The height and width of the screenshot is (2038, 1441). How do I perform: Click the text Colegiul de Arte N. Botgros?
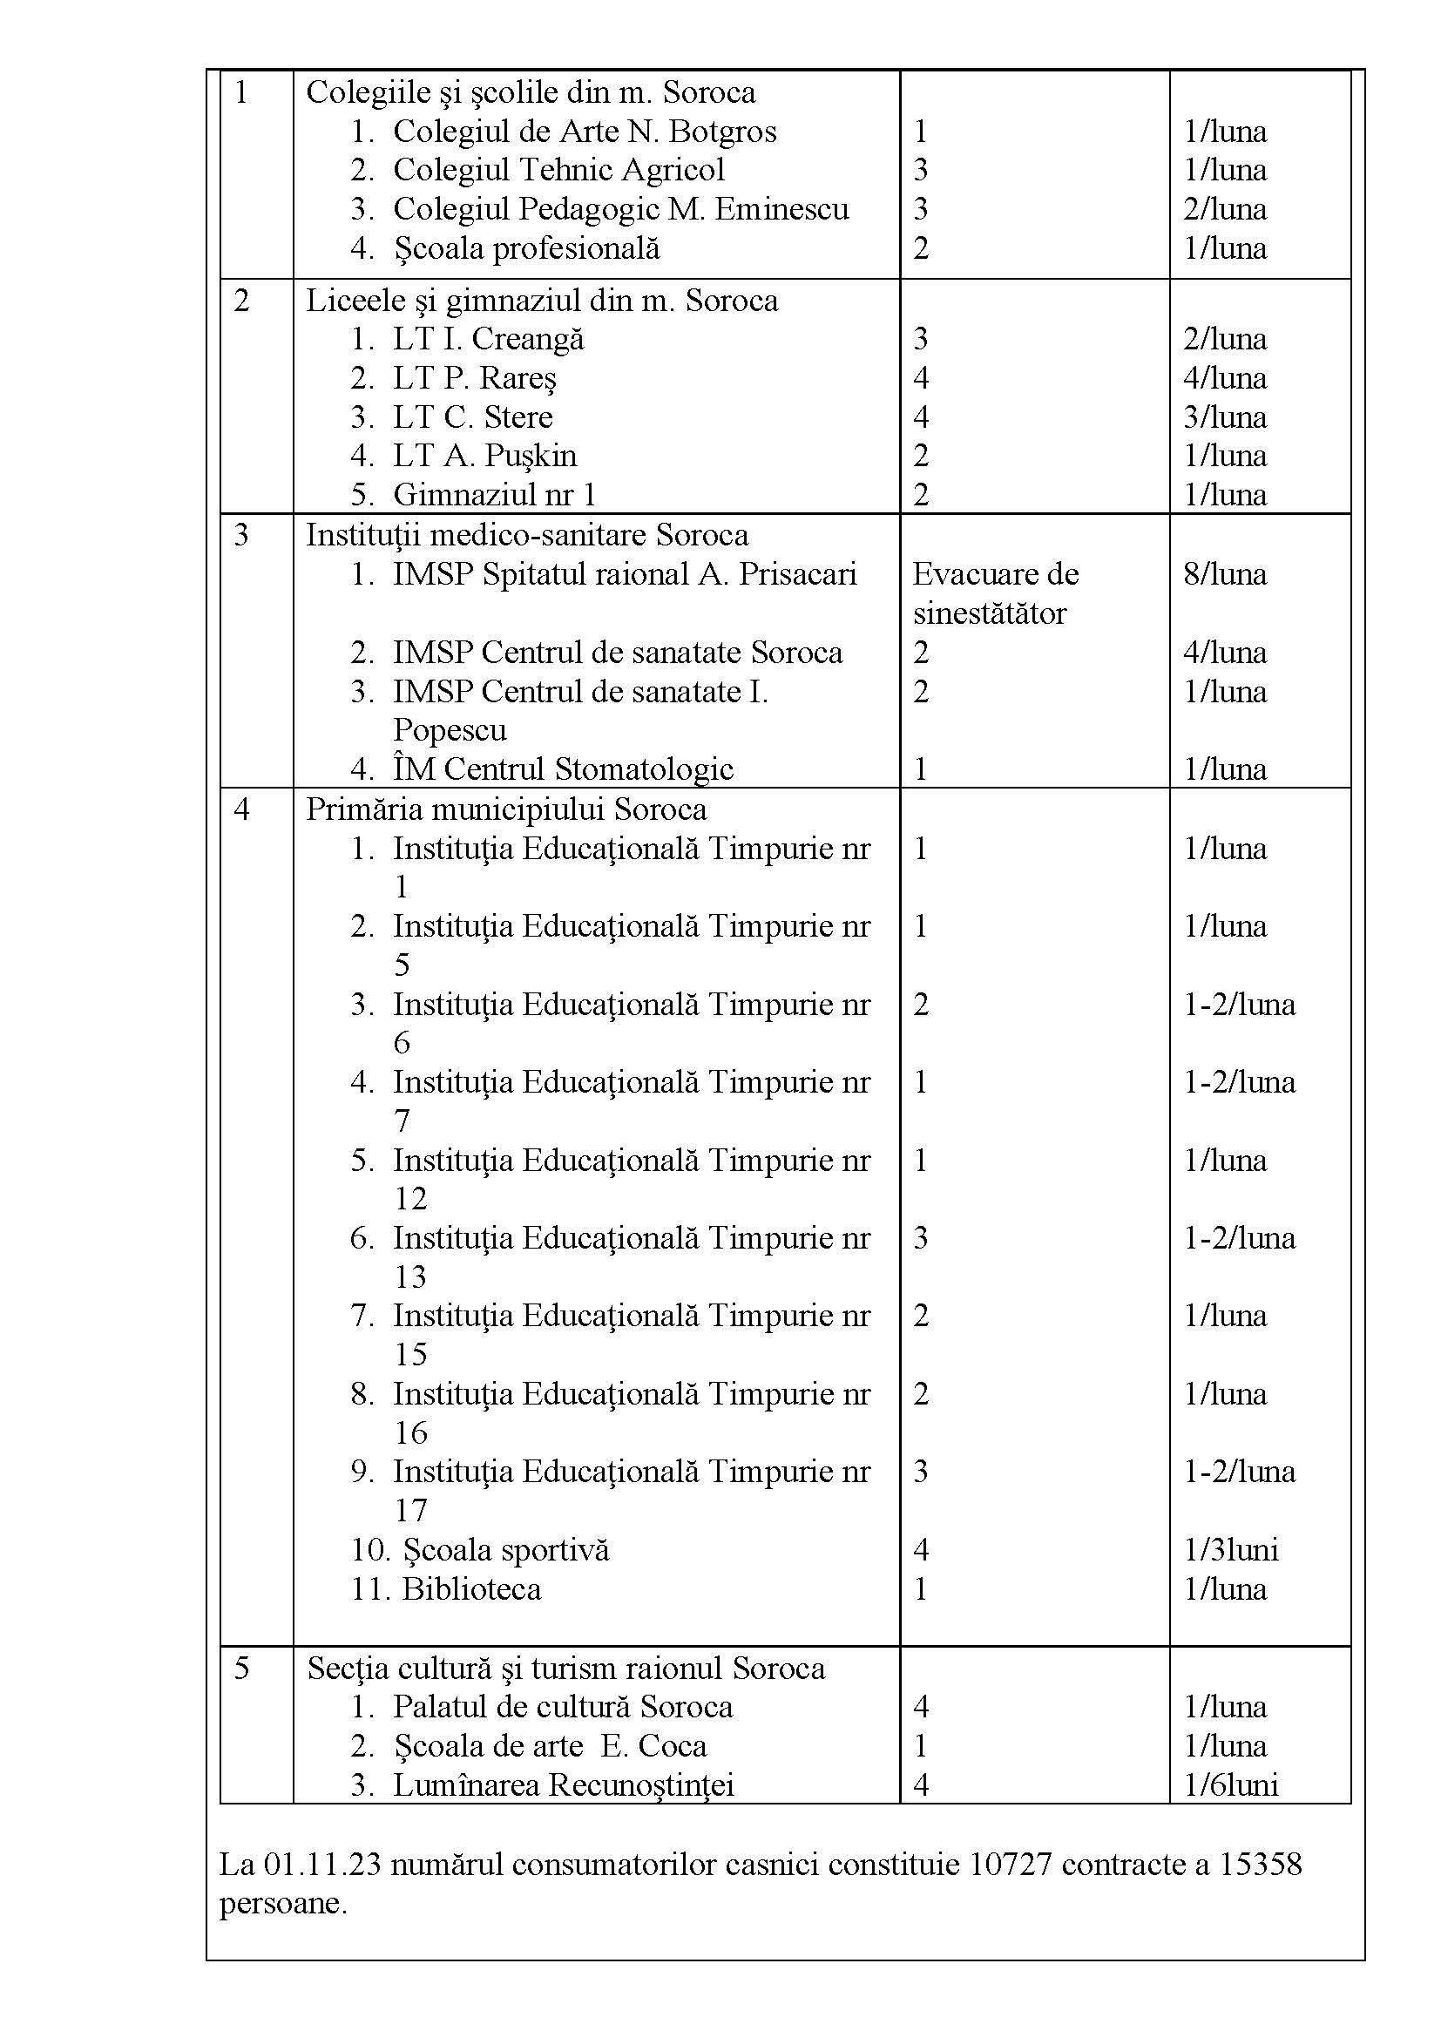584,132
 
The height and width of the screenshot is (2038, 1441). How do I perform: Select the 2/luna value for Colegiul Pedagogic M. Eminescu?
1224,209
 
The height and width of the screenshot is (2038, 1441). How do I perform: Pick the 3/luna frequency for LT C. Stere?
1224,417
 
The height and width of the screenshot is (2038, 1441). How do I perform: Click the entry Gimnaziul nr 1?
494,494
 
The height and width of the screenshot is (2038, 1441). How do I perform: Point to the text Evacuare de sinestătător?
995,593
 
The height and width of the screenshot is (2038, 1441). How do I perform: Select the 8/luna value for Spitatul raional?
1224,574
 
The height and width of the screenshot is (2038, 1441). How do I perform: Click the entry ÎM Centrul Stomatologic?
563,768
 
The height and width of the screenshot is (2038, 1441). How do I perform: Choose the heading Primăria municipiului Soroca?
506,809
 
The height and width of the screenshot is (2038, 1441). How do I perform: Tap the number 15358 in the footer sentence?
1260,1864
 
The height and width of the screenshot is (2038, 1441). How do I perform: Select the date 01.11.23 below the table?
323,1864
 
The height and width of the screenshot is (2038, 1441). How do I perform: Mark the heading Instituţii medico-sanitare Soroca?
527,535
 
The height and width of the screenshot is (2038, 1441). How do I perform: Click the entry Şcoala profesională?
526,248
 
